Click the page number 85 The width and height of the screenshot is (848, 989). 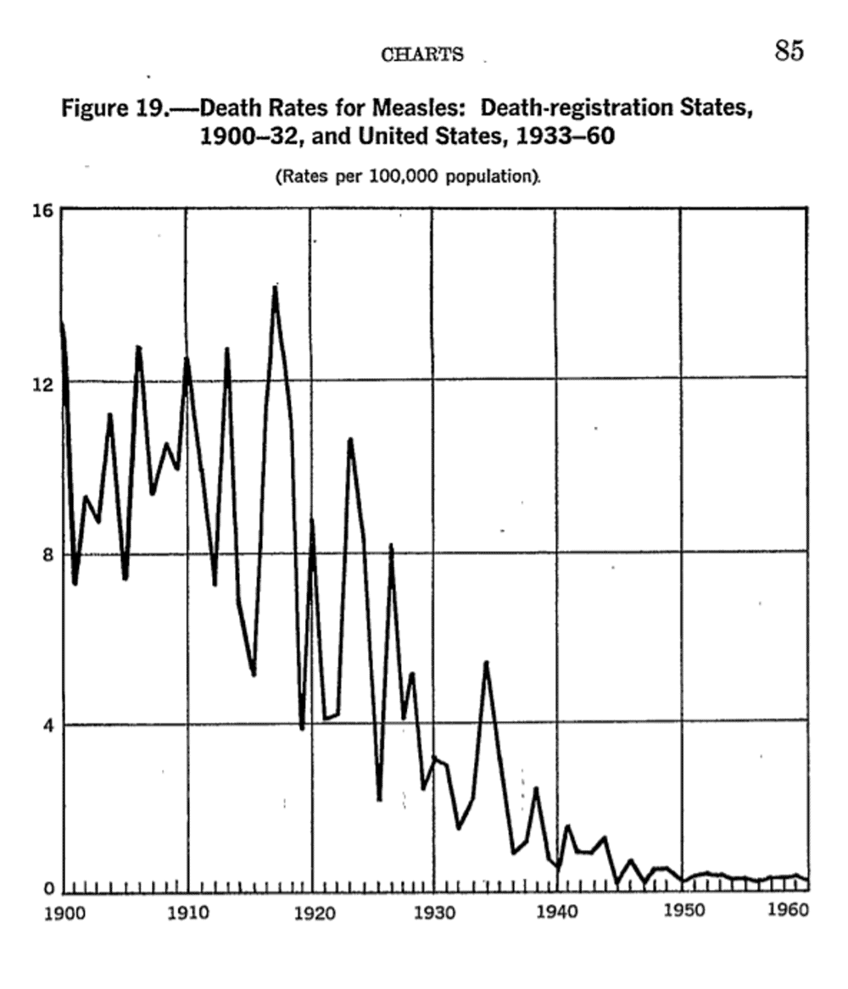(x=788, y=52)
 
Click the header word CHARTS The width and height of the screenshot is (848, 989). (x=422, y=55)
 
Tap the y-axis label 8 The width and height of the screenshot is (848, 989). (x=47, y=555)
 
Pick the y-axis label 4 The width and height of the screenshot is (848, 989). (x=47, y=725)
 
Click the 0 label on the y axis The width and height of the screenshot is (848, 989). (x=47, y=890)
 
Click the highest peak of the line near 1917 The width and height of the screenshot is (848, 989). (x=275, y=288)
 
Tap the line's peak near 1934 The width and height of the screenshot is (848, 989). (x=486, y=663)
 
